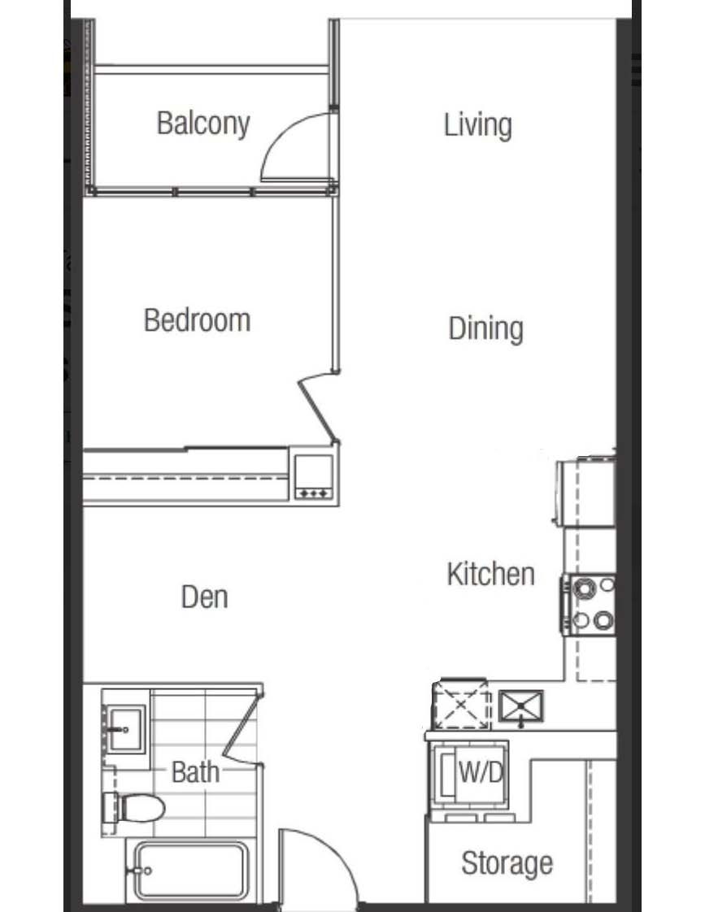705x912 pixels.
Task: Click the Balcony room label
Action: (x=203, y=124)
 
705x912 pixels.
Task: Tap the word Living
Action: (x=477, y=125)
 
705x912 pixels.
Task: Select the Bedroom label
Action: (x=198, y=320)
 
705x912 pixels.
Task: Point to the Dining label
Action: (x=485, y=328)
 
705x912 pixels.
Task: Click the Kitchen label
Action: (x=490, y=574)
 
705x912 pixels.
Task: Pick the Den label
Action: (x=204, y=597)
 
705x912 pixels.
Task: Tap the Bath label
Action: (x=195, y=772)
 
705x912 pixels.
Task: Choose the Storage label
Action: (x=507, y=863)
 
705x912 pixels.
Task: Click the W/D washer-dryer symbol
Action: (x=471, y=775)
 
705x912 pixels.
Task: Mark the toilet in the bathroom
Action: (x=133, y=808)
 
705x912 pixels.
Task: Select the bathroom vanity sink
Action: (x=124, y=729)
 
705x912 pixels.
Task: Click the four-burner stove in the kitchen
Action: (x=589, y=604)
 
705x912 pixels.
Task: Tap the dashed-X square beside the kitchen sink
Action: (x=461, y=705)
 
